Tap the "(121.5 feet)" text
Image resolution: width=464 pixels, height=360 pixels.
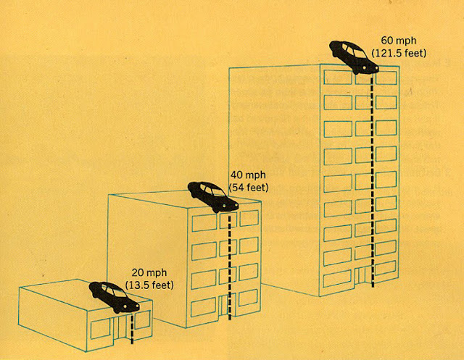coord(397,54)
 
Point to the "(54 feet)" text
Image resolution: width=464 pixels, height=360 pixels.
coord(249,188)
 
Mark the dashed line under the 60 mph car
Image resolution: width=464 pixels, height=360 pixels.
coord(373,181)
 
